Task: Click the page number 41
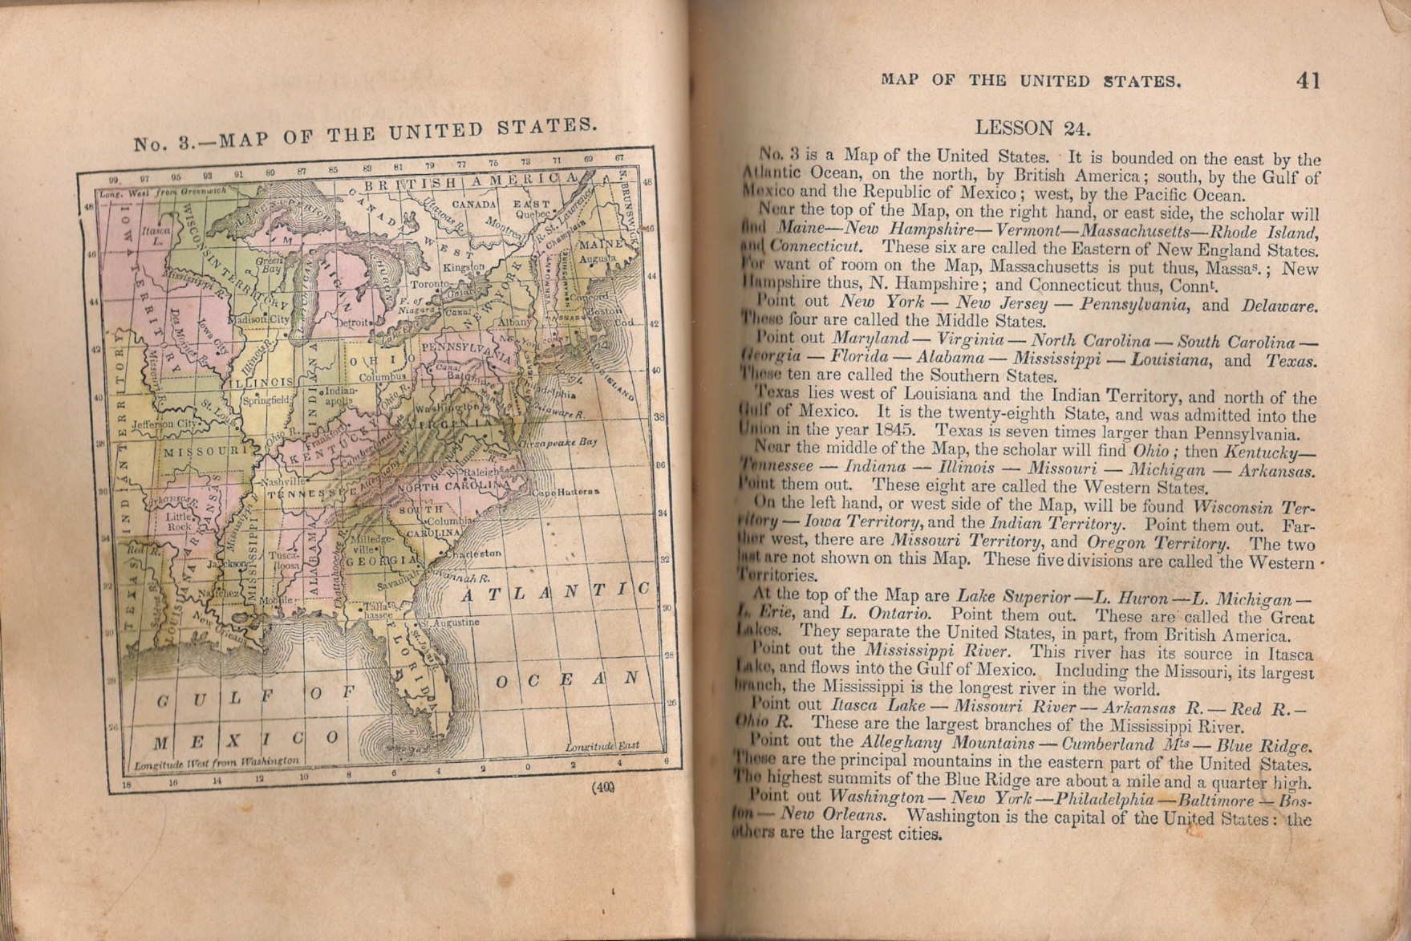(1308, 80)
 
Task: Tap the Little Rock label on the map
(179, 522)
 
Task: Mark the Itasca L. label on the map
(152, 235)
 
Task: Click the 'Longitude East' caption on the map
(602, 745)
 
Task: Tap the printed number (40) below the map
(604, 787)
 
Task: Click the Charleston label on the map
(478, 554)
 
